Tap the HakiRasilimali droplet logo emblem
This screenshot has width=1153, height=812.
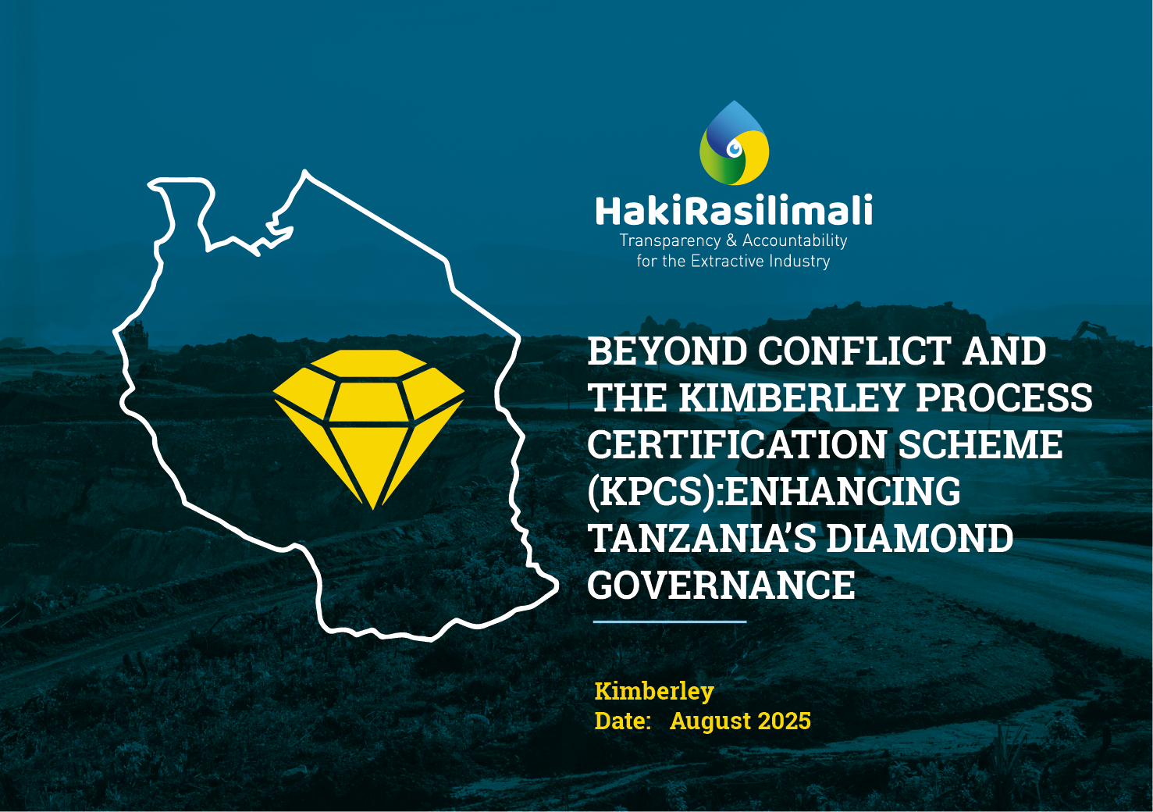(x=734, y=144)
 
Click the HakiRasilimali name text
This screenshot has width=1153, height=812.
(x=734, y=212)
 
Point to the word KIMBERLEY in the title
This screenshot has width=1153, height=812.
(x=792, y=399)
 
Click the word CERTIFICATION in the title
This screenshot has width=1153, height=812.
(x=737, y=446)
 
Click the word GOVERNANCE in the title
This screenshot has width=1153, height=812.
(x=721, y=586)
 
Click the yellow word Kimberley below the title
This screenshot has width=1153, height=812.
(x=654, y=692)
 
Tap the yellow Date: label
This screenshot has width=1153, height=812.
(x=622, y=721)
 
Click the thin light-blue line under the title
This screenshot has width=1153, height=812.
(x=670, y=622)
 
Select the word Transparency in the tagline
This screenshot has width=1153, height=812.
(x=670, y=241)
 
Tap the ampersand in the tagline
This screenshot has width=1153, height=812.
(x=731, y=241)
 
